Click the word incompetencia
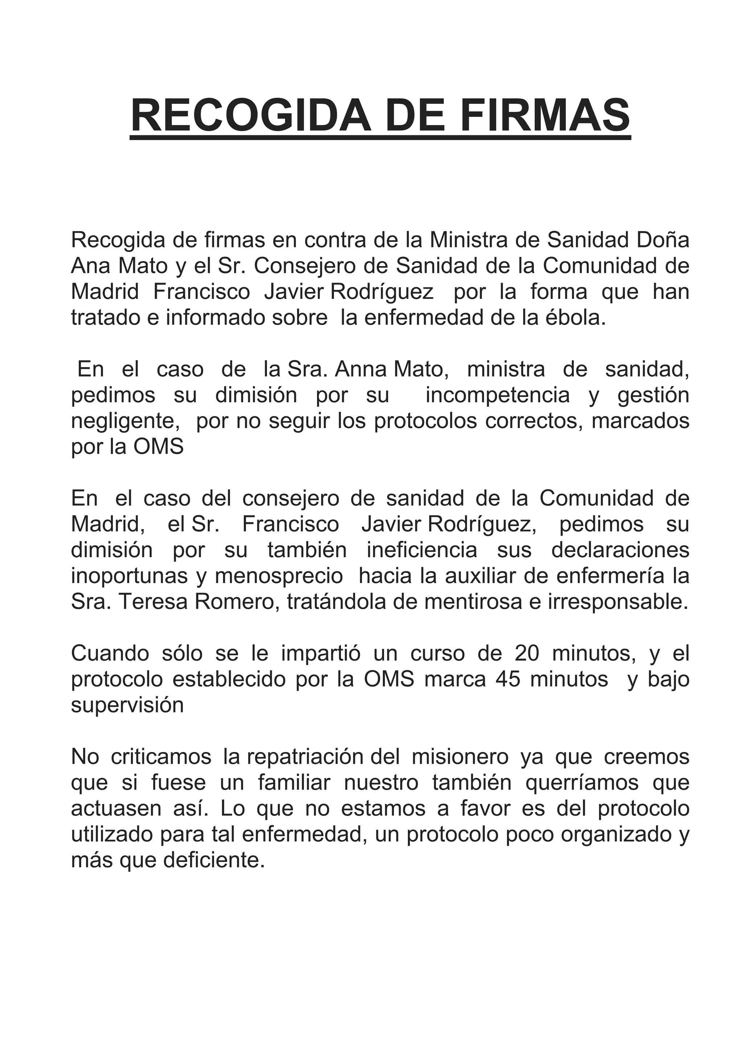pos(498,395)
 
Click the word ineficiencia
pos(422,550)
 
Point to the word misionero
pos(460,757)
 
